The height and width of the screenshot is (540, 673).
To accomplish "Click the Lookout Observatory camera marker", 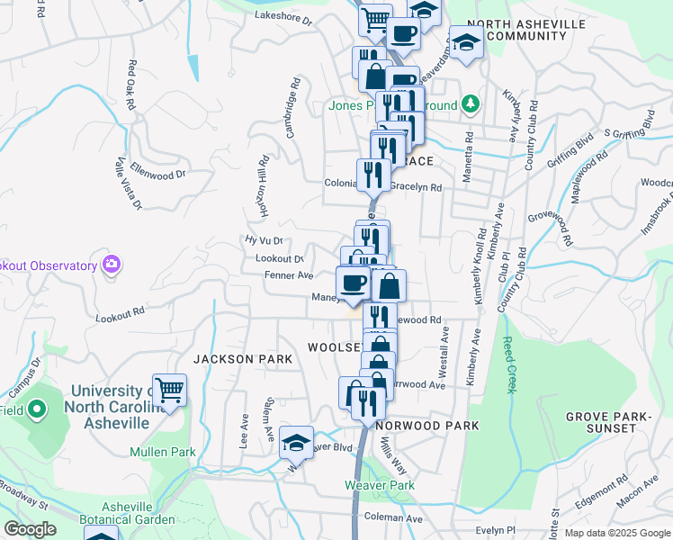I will tap(112, 265).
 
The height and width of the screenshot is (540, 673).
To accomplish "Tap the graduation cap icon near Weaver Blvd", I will tap(296, 443).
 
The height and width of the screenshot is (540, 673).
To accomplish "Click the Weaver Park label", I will tap(380, 485).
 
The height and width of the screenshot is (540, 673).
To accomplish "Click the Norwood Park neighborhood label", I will tap(427, 424).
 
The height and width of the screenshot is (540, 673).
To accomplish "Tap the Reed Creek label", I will tap(509, 364).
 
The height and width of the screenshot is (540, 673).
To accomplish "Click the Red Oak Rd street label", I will tap(131, 85).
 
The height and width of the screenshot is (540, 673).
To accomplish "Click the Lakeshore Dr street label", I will tap(283, 17).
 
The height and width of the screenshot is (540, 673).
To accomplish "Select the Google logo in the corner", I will tap(31, 529).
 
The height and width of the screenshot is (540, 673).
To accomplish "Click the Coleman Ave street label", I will tap(394, 518).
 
